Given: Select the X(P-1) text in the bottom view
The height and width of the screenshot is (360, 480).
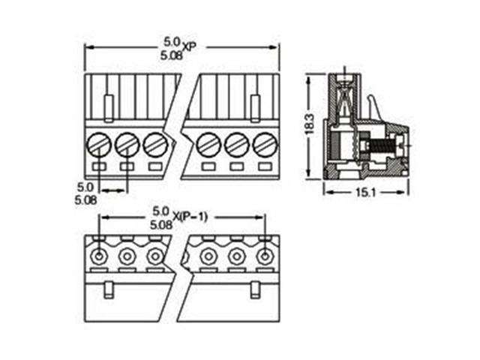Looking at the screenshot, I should (190, 217).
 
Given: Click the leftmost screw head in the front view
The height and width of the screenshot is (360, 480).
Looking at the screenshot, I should (98, 142).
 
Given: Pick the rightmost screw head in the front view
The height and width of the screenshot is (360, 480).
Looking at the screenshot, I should (263, 142).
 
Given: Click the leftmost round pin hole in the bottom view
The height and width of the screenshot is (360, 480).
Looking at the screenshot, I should (98, 256).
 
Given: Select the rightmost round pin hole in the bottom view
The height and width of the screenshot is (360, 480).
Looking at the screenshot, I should (264, 256).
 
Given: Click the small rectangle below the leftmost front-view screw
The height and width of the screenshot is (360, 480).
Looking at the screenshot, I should (99, 166).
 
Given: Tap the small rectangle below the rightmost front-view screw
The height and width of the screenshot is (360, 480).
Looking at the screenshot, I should (263, 166).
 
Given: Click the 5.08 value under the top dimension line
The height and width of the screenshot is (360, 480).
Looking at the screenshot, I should (171, 55).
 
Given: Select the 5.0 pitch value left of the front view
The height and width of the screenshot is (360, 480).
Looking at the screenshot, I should (84, 185).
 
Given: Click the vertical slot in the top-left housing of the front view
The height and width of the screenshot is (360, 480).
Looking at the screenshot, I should (108, 106).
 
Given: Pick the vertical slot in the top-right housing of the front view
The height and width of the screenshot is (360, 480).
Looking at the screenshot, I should (255, 106).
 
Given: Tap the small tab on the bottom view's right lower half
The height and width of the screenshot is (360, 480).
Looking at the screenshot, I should (255, 288).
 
